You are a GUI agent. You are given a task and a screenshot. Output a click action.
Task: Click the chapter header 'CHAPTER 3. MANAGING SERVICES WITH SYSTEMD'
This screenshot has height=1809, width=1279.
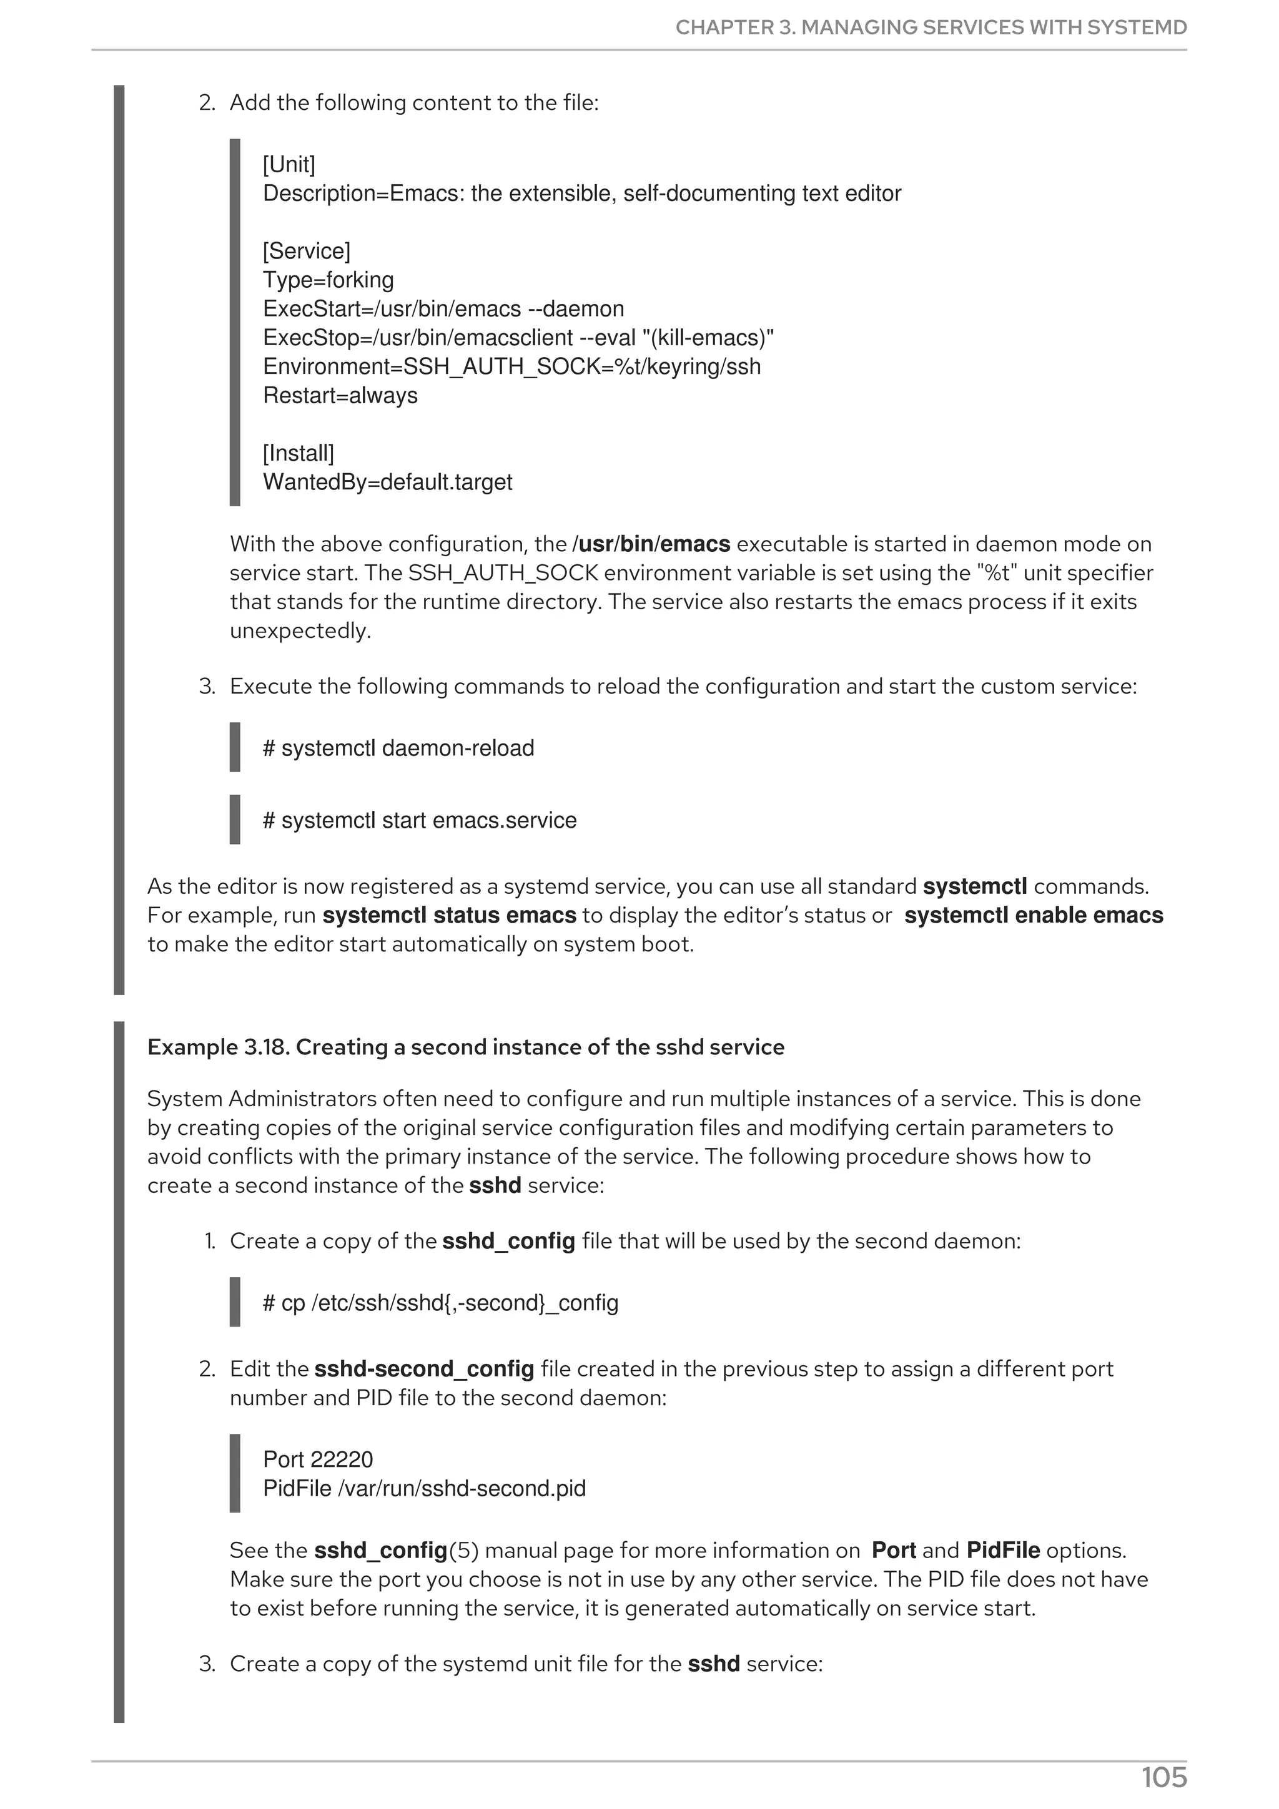pyautogui.click(x=930, y=27)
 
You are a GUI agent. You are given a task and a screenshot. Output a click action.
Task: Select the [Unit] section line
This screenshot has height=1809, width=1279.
pyautogui.click(x=289, y=165)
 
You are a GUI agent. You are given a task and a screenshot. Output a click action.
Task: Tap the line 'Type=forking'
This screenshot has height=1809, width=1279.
pyautogui.click(x=328, y=280)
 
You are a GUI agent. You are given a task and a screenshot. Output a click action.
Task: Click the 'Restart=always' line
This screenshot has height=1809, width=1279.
pyautogui.click(x=340, y=396)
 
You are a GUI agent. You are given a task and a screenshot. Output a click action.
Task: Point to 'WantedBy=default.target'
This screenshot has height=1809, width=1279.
pyautogui.click(x=387, y=482)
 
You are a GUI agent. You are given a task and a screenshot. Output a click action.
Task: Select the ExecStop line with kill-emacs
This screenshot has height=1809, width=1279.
pyautogui.click(x=518, y=338)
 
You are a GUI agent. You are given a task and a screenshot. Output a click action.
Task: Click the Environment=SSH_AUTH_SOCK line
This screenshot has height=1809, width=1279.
pyautogui.click(x=511, y=367)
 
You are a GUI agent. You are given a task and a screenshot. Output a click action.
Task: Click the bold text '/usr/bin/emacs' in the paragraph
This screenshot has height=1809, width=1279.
pyautogui.click(x=652, y=544)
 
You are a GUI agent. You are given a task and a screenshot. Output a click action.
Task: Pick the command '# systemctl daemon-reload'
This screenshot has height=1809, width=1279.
pyautogui.click(x=398, y=748)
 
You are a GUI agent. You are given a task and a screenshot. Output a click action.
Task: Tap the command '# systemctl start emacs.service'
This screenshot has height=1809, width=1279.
pyautogui.click(x=419, y=821)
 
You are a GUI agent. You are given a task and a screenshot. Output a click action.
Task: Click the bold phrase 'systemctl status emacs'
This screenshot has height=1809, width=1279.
pyautogui.click(x=449, y=916)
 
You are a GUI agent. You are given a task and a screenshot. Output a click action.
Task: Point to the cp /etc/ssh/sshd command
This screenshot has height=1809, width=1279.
pyautogui.click(x=440, y=1303)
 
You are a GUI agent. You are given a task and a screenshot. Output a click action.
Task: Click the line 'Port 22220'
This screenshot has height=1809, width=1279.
pyautogui.click(x=318, y=1460)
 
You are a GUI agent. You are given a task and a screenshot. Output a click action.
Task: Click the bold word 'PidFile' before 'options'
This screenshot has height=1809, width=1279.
pyautogui.click(x=1002, y=1551)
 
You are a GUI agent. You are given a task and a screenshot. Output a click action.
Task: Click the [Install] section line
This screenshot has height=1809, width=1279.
pyautogui.click(x=298, y=454)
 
